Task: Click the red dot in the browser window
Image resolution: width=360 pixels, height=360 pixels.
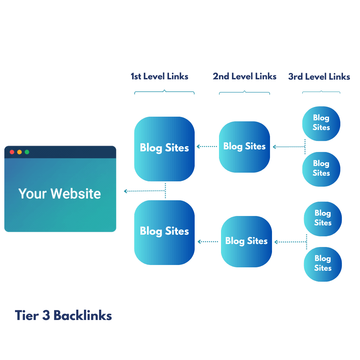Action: (x=12, y=152)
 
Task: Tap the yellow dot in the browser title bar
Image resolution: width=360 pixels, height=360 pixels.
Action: (x=19, y=152)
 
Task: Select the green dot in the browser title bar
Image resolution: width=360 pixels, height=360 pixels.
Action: (x=27, y=152)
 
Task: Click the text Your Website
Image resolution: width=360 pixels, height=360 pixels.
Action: (x=60, y=194)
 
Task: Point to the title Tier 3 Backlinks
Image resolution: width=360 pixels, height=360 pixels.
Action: (x=63, y=316)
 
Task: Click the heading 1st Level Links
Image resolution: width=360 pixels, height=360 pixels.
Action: (x=159, y=77)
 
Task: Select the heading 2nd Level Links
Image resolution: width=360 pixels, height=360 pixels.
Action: (x=244, y=77)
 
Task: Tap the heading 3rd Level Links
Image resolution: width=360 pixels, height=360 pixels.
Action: (x=319, y=77)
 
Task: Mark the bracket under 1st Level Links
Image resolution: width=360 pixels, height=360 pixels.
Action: (x=164, y=92)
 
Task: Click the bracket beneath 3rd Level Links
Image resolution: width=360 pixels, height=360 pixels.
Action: (x=321, y=92)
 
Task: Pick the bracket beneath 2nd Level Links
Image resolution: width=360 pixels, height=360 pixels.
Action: (x=244, y=92)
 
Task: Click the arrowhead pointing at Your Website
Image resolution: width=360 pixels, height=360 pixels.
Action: (x=125, y=191)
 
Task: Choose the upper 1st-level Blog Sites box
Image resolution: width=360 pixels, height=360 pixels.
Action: (x=164, y=149)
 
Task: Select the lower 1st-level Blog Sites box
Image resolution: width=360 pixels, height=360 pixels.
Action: (x=164, y=232)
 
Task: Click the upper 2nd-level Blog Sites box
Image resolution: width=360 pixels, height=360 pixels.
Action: (x=244, y=147)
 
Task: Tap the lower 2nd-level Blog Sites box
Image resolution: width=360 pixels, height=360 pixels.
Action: (x=246, y=241)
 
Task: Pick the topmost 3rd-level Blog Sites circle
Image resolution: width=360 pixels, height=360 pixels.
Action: (x=321, y=123)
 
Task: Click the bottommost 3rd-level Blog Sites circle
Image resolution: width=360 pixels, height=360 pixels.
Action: (x=323, y=264)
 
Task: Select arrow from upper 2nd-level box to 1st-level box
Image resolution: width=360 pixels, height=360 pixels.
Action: (x=207, y=146)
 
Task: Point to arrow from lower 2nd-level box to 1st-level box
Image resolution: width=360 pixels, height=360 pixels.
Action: (x=208, y=242)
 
